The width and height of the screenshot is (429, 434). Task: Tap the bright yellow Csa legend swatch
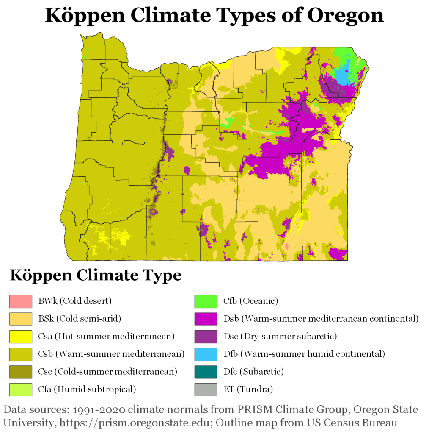pos(21,337)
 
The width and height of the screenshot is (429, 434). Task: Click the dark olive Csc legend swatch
pos(21,372)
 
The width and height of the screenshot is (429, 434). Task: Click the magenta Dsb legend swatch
pos(206,319)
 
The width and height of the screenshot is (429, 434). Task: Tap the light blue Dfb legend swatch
pos(206,354)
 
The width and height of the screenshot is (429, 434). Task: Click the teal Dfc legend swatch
pos(206,372)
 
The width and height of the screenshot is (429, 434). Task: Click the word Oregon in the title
pos(345,16)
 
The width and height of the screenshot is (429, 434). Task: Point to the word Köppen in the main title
pos(85,16)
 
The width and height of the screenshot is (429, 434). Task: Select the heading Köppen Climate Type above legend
pos(96,275)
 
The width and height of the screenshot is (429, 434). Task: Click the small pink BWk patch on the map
pos(287,246)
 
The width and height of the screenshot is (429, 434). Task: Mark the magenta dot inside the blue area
pos(347,71)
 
